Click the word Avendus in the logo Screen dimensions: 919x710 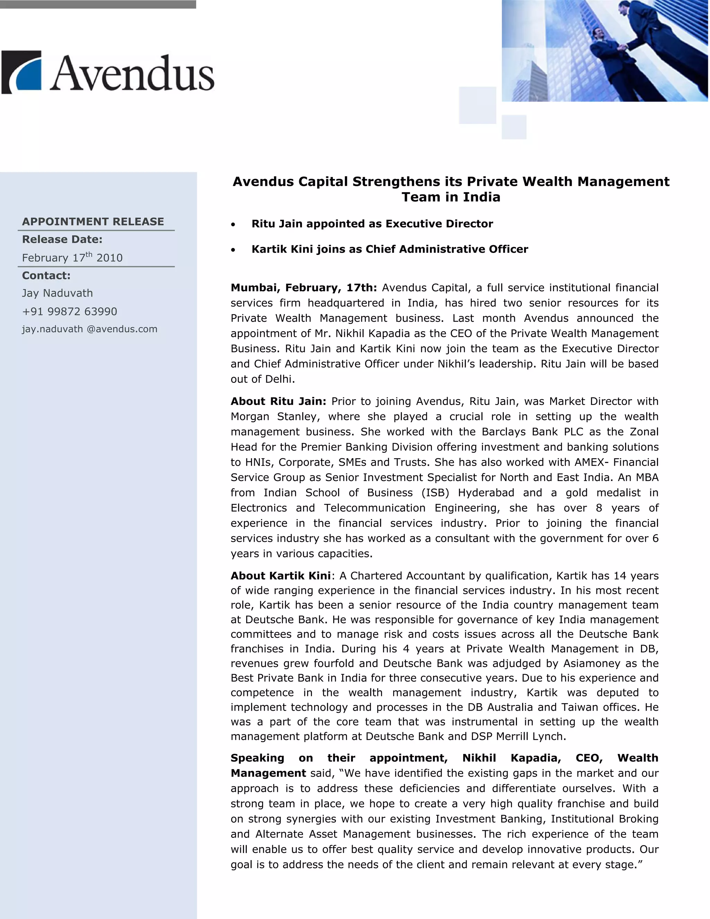tap(132, 73)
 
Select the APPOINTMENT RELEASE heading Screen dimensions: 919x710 tap(93, 222)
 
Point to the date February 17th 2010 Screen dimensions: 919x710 tap(72, 258)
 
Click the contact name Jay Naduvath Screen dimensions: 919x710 tap(58, 293)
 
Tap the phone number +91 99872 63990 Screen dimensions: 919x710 tap(70, 311)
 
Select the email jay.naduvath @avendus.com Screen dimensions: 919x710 tap(89, 329)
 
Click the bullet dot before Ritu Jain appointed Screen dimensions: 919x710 tap(233, 225)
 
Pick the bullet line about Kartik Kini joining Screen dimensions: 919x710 tap(389, 249)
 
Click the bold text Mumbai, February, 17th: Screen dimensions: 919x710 tap(304, 288)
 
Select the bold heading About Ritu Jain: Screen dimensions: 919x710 tap(278, 402)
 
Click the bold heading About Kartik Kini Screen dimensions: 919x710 tap(280, 576)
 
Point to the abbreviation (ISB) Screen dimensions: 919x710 tap(435, 493)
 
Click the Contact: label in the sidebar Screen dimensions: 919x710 tap(46, 276)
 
